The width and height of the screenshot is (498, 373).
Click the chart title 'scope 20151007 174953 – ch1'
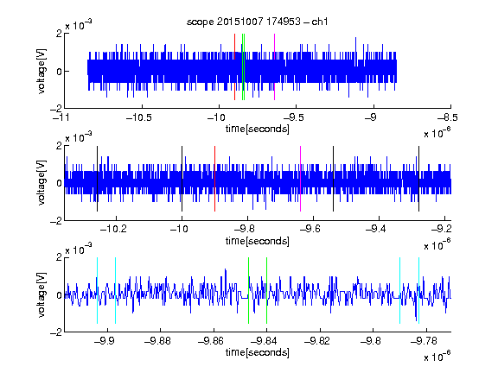(x=257, y=22)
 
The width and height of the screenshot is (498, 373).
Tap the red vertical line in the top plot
(x=234, y=67)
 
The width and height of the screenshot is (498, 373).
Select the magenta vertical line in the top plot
(x=274, y=67)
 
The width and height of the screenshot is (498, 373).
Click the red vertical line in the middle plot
(x=214, y=179)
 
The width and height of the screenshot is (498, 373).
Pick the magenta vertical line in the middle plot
(x=301, y=179)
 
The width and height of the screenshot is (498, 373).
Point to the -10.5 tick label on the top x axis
(x=139, y=117)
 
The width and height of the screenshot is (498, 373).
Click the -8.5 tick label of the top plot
(x=448, y=117)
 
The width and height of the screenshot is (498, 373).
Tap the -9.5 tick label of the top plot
(x=294, y=117)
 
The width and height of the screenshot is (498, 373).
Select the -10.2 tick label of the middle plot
(x=113, y=229)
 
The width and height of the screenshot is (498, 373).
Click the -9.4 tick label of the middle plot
(x=376, y=229)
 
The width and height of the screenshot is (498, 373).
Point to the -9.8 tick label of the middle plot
(x=245, y=229)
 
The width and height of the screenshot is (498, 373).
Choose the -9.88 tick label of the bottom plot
(x=157, y=341)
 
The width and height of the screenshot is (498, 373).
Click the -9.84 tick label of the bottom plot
(x=264, y=341)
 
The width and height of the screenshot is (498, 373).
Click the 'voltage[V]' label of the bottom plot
(x=41, y=295)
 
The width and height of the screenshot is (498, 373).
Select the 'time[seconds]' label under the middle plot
(x=258, y=241)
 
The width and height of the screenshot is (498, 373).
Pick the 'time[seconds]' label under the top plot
(x=258, y=129)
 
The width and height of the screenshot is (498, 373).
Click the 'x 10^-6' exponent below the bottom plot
(x=437, y=356)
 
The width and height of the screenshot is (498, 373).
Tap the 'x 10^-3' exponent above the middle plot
(x=79, y=137)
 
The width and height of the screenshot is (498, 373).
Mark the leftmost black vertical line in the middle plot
(x=97, y=179)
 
